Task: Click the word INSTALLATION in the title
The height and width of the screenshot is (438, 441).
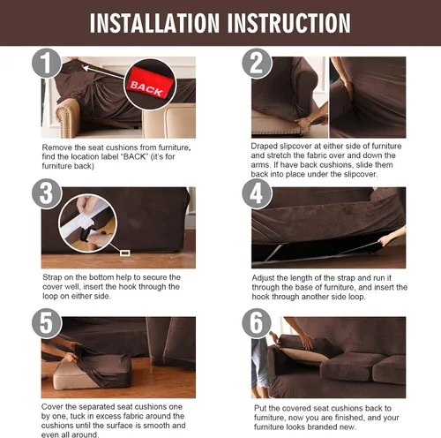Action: (154, 23)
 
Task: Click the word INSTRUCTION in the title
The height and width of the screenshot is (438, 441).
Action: (289, 23)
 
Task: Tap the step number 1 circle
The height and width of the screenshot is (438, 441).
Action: (47, 63)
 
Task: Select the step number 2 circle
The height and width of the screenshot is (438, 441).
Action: (257, 63)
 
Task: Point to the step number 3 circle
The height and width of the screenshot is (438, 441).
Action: (47, 193)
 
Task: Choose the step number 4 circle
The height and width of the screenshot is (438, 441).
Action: (257, 193)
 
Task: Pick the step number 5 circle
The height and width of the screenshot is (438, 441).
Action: (47, 323)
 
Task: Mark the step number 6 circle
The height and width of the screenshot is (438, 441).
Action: (257, 323)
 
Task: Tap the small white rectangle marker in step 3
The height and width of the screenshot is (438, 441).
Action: (125, 253)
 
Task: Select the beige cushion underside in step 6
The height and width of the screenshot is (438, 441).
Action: (306, 355)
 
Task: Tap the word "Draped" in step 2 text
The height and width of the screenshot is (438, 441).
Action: (264, 147)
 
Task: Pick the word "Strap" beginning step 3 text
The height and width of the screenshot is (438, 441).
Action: (52, 277)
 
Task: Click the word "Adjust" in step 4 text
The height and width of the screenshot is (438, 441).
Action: (263, 278)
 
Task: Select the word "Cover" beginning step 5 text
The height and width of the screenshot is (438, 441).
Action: (52, 407)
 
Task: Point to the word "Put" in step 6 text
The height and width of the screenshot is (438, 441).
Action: (260, 408)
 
